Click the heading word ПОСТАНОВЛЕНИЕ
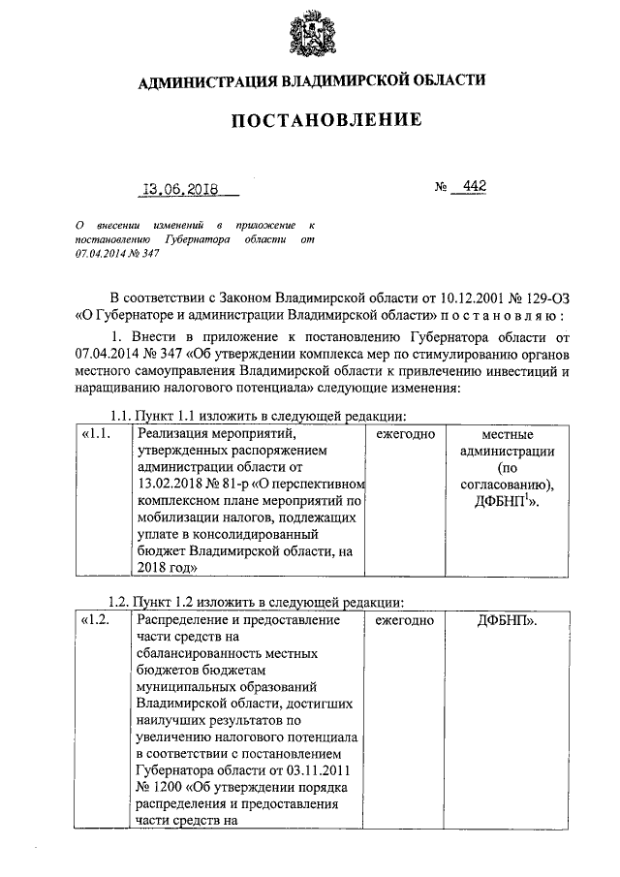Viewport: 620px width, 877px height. (x=310, y=120)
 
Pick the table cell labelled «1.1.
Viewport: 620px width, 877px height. (x=98, y=434)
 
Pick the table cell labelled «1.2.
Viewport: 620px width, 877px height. (x=98, y=619)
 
